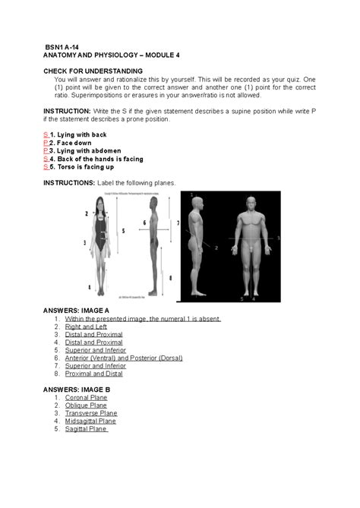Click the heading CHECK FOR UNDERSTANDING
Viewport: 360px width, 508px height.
[x=93, y=71]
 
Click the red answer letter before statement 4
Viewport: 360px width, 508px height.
[x=46, y=159]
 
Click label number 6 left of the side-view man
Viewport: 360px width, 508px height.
[x=144, y=222]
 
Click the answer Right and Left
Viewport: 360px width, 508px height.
[x=86, y=327]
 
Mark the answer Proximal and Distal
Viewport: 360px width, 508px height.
[x=94, y=374]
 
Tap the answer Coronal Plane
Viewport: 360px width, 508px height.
[x=86, y=397]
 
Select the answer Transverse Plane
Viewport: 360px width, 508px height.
[x=91, y=413]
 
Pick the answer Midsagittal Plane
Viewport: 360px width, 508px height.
[x=90, y=421]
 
